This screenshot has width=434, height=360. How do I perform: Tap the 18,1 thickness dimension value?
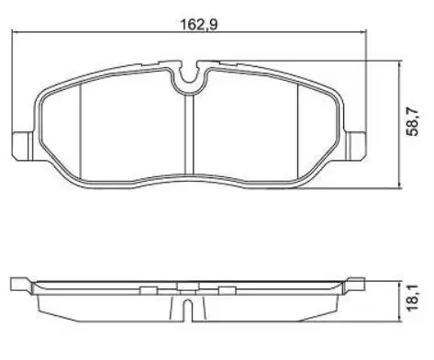(417, 297)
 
